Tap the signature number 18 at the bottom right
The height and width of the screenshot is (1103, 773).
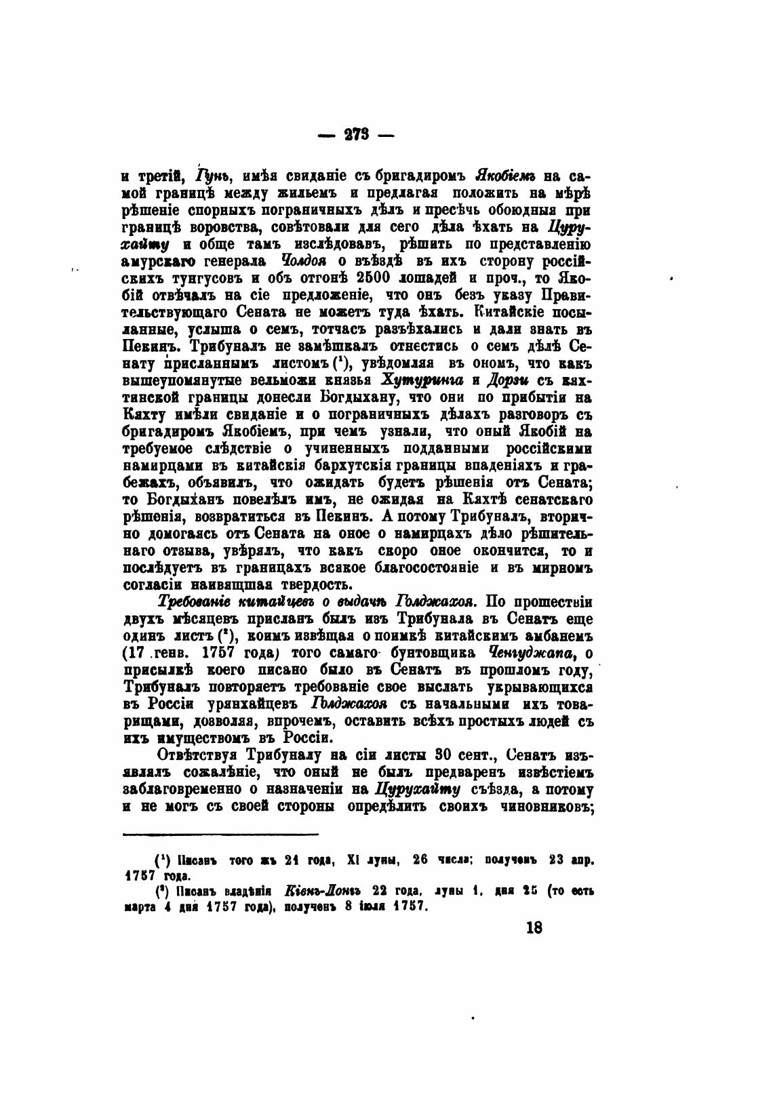coord(534,928)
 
